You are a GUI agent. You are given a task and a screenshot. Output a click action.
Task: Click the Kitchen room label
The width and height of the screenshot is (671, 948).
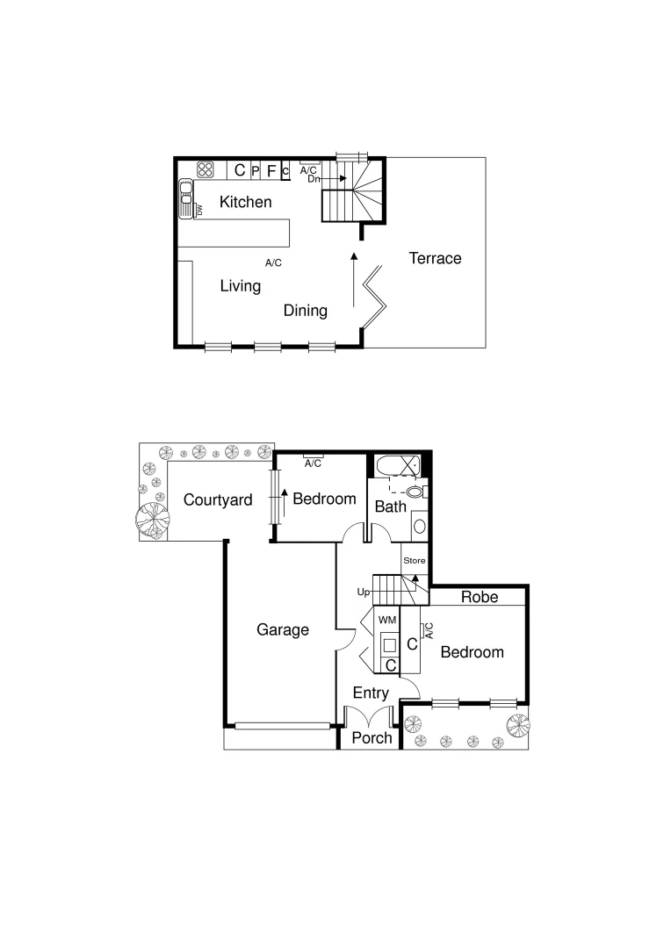tap(245, 202)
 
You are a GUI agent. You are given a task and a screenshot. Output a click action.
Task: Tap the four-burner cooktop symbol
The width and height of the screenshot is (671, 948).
tap(206, 170)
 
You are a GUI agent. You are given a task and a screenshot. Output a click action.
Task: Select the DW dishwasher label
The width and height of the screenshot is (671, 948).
tap(199, 211)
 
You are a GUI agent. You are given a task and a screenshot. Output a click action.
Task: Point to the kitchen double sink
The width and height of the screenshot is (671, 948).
tap(186, 197)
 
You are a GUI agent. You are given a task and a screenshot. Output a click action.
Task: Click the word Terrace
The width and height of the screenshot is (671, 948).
tap(435, 258)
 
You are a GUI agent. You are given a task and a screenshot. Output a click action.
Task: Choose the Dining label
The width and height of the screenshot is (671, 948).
tap(305, 310)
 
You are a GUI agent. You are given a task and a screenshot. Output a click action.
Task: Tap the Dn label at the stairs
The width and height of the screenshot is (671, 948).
tap(314, 178)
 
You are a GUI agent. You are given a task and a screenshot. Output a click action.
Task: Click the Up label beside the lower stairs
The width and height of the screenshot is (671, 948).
tap(364, 592)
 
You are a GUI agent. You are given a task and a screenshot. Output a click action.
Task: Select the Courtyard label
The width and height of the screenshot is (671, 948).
tap(218, 500)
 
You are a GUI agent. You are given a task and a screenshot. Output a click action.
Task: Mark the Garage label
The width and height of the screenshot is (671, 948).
tap(283, 629)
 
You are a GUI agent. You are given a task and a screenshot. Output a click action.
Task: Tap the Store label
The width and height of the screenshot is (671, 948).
tap(414, 560)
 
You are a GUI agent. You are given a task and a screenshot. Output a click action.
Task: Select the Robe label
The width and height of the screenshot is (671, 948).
tap(480, 597)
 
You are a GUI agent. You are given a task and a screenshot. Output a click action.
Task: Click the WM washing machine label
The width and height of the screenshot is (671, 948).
tap(387, 620)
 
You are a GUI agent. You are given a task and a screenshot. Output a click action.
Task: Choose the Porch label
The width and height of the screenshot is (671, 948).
tap(372, 737)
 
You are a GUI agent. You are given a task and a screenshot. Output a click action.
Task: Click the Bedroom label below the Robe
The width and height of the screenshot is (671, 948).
tap(472, 652)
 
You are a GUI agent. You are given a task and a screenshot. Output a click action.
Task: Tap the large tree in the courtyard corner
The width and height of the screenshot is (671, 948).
tap(151, 518)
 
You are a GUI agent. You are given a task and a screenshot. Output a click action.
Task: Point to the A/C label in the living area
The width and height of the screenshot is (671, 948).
tap(273, 262)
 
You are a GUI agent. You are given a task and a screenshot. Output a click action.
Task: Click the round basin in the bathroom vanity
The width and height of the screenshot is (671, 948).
tap(419, 527)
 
